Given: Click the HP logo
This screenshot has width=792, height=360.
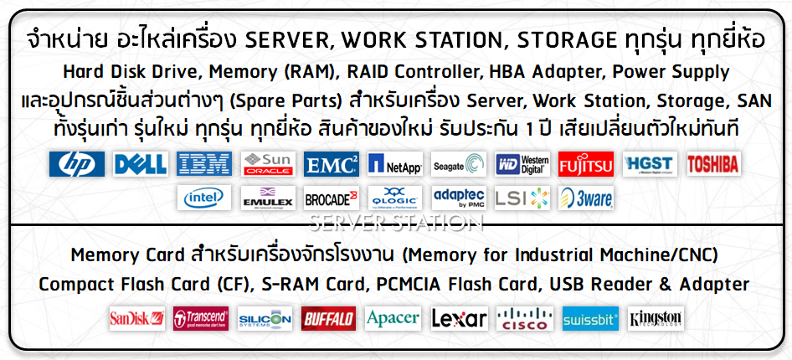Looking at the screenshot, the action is point(77,164).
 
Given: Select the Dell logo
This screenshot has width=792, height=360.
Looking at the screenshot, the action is point(141,164).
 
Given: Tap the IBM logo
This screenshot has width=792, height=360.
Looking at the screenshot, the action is point(204,164).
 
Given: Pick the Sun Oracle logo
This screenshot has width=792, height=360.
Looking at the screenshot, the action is point(268,164).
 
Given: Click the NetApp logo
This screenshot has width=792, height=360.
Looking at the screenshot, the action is point(395,164).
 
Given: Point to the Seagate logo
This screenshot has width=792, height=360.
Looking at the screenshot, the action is point(459,164).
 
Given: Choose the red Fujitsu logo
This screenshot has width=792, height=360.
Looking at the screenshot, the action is point(586,164).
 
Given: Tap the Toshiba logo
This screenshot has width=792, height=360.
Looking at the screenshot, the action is point(713,164).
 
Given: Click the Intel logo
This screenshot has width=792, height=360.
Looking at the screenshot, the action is point(204,198).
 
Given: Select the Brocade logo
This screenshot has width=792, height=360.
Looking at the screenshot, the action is point(332,198).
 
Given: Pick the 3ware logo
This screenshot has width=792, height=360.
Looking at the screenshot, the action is point(586,198).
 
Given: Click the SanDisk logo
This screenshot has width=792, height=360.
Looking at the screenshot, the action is point(136,319).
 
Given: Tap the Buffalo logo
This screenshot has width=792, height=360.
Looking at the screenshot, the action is point(328,319).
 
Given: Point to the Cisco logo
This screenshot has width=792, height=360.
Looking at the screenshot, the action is point(525,319).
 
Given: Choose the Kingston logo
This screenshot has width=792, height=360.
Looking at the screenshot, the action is point(656,319).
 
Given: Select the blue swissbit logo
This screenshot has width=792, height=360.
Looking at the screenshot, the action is point(590,319).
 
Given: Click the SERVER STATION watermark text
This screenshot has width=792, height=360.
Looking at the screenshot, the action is point(396,223).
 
